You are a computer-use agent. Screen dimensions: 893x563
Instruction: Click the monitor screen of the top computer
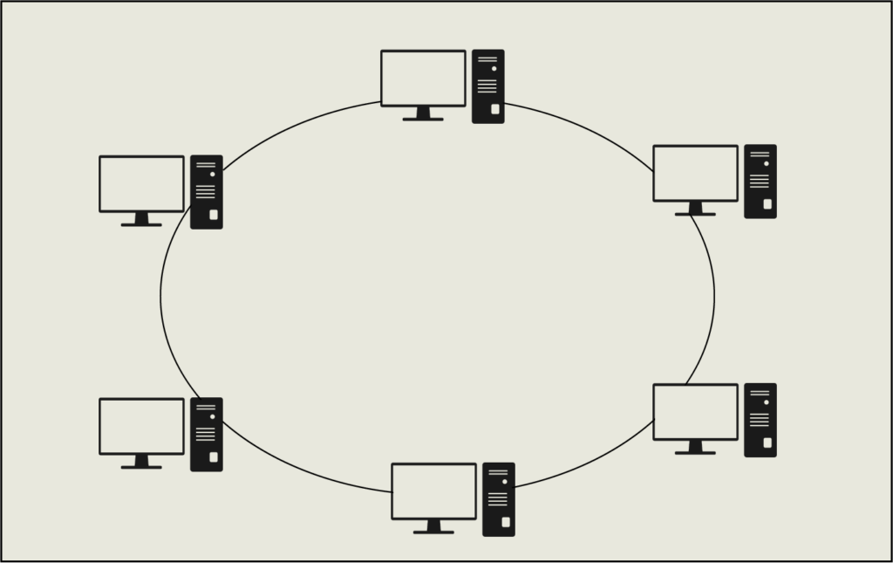coord(423,78)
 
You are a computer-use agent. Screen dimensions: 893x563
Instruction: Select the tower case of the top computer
coord(487,86)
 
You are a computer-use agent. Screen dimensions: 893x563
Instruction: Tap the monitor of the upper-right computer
coord(695,173)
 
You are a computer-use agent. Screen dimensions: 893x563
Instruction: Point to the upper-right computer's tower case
coord(760,181)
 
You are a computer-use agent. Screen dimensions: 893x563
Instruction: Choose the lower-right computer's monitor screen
coord(695,412)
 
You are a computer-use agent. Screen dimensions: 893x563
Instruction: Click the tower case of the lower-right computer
coord(760,420)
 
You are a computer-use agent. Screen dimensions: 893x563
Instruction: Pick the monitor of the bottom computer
coord(433,491)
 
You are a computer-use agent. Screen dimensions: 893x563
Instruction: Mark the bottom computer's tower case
coord(498,498)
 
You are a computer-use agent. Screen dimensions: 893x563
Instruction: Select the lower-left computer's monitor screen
coord(141,426)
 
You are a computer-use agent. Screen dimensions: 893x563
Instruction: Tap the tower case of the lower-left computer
coord(206,434)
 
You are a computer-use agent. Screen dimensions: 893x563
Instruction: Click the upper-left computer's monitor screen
coord(141,183)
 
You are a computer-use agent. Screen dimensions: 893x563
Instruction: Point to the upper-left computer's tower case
coord(206,191)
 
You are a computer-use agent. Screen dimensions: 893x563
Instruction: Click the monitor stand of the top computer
coord(423,114)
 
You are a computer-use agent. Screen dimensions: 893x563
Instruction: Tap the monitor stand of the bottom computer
coord(433,528)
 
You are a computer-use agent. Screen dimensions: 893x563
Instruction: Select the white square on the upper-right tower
coord(767,204)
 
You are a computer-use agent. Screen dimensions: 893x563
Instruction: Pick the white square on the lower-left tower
coord(214,457)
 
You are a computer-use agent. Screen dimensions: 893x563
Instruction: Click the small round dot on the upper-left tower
coord(212,174)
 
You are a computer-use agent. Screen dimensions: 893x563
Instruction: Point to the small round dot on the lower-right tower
coord(766,402)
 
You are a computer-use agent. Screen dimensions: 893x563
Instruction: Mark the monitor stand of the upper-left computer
coord(141,220)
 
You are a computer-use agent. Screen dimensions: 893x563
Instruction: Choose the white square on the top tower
coord(495,109)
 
